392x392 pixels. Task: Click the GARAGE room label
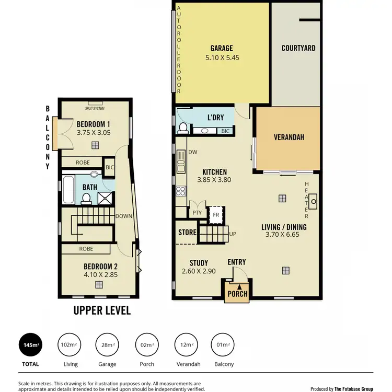coord(222,49)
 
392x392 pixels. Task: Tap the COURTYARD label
coord(298,48)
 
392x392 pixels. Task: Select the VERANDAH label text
coord(289,137)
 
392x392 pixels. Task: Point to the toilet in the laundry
coord(183,127)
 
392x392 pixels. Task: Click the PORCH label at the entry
coord(237,293)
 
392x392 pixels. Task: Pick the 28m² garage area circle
coord(108,345)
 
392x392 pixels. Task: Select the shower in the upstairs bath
coord(106,197)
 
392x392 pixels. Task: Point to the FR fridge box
coord(215,214)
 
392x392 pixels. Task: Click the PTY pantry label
coord(197,213)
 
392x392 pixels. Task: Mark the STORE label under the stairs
coord(187,233)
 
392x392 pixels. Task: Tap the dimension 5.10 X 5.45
coord(222,58)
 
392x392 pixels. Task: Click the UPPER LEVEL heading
coord(101,310)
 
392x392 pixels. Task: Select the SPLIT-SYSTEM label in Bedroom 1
coord(95,108)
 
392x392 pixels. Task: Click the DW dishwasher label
coord(192,153)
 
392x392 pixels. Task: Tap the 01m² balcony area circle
coord(223,345)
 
